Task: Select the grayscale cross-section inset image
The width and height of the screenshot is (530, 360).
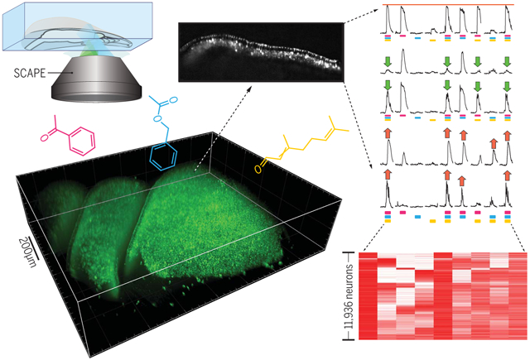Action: pyautogui.click(x=258, y=50)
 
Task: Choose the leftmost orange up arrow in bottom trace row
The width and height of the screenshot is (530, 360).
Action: pyautogui.click(x=389, y=174)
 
